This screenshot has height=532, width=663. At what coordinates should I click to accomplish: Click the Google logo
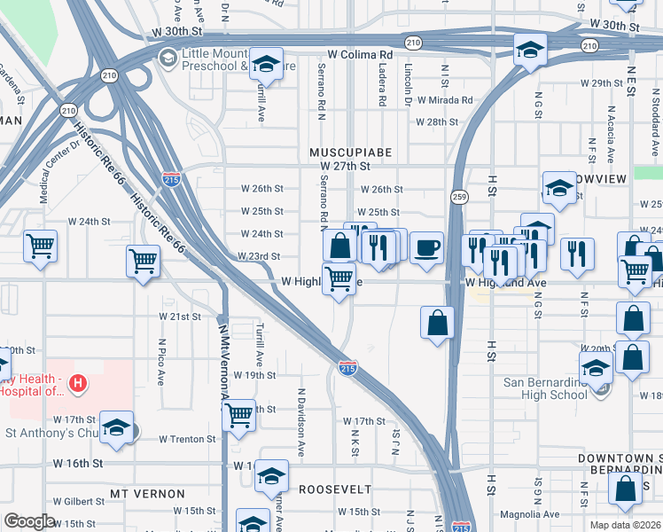coord(29,521)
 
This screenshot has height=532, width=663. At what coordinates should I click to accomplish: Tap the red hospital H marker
coord(78,383)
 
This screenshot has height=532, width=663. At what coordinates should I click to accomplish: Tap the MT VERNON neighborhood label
coord(148,493)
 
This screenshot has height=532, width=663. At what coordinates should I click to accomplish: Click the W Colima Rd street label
coord(360,54)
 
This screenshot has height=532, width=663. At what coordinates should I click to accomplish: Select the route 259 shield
coord(458,196)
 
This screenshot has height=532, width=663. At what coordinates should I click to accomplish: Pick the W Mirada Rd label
coord(445,101)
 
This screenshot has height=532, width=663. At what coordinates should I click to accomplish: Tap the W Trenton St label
coord(187,439)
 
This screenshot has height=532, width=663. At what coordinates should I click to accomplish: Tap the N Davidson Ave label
coord(302,422)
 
